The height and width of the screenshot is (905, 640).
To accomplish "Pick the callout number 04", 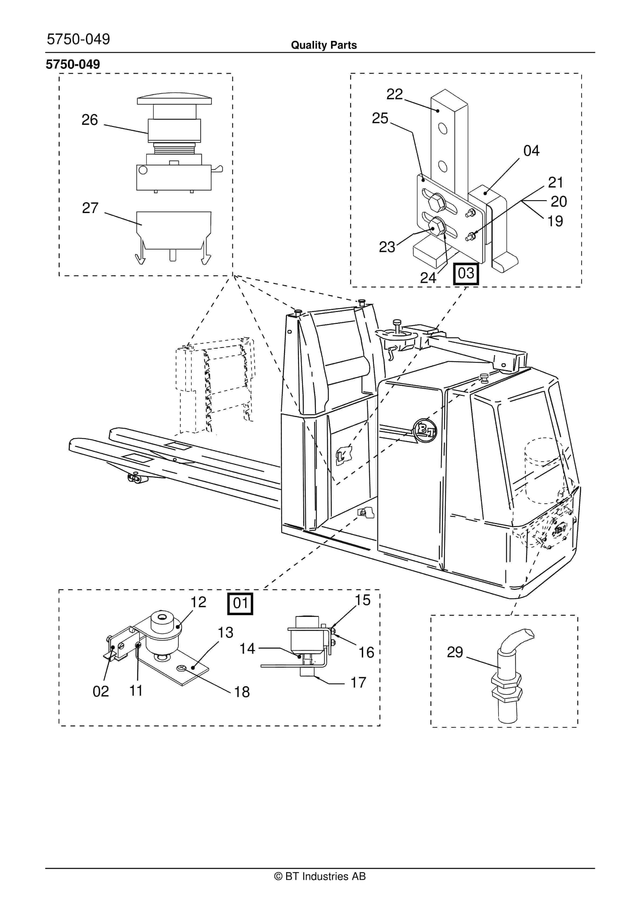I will click(531, 151).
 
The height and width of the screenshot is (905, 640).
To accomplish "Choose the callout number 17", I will click(358, 683).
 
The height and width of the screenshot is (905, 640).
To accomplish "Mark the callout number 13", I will click(225, 633).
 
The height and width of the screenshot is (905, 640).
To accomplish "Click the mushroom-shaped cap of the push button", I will click(174, 98).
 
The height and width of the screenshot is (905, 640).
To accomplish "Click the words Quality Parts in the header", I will click(323, 45).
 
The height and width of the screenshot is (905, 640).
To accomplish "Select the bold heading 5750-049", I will click(73, 64).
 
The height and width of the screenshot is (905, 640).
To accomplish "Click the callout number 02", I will click(101, 691).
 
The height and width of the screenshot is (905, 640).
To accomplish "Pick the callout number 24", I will click(428, 278).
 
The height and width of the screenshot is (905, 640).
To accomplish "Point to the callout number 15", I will click(362, 600).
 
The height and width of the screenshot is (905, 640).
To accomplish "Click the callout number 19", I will click(555, 221).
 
